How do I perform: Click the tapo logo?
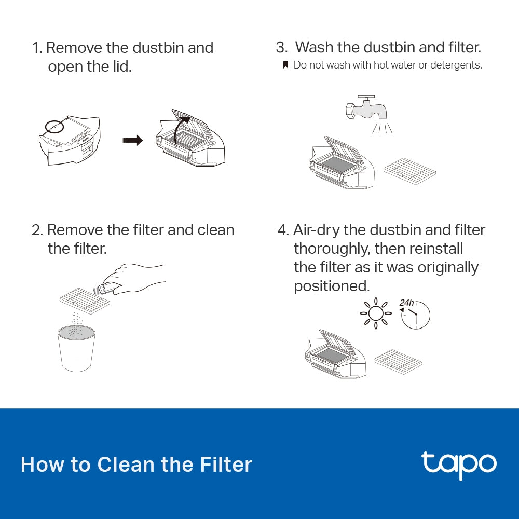pos(459,463)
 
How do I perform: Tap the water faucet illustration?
pos(366,108)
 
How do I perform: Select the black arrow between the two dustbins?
pos(132,141)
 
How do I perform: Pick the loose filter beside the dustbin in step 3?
pos(409,171)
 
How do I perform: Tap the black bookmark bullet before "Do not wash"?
pos(285,65)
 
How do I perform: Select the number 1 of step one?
pos(36,48)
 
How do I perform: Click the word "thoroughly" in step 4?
pos(332,249)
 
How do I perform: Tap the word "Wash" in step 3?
pos(314,48)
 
